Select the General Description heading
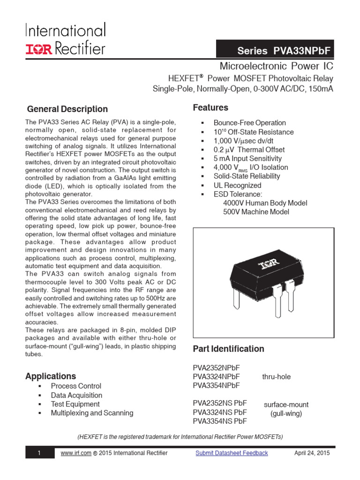tap(67, 109)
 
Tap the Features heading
tap(210, 108)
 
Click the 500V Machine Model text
tap(256, 212)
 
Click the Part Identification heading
tap(228, 349)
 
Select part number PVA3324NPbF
tap(216, 376)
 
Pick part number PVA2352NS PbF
tap(219, 403)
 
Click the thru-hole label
tap(276, 376)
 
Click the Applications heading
tap(51, 376)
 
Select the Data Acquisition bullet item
tap(76, 395)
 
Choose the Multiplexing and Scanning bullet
tap(92, 413)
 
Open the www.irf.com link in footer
tap(75, 453)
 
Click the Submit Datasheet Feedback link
tap(232, 453)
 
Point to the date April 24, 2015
tap(312, 453)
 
